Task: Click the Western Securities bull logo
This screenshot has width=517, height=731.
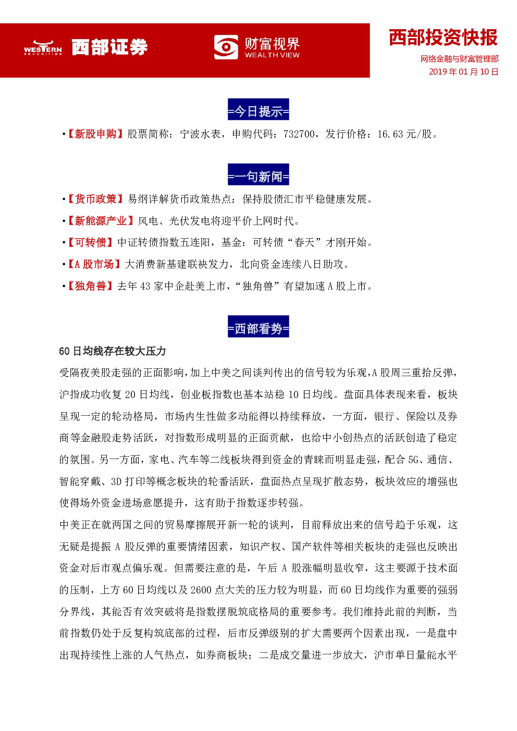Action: [x=43, y=47]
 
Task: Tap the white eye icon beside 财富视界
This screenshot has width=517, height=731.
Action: [x=226, y=47]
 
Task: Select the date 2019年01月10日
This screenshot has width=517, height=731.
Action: [x=463, y=72]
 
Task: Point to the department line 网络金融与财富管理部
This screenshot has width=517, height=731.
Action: [x=459, y=59]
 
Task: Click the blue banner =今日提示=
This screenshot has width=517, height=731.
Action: [x=258, y=109]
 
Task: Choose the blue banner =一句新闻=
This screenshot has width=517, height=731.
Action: [x=258, y=175]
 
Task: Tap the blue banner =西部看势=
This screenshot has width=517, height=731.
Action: [x=258, y=326]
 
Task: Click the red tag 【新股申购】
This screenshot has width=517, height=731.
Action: [x=95, y=134]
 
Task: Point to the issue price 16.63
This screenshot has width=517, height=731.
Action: [x=390, y=134]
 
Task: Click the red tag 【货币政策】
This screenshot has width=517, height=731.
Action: [x=95, y=199]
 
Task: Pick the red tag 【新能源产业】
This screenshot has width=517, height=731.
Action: [x=100, y=221]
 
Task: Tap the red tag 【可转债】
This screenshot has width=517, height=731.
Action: [x=90, y=242]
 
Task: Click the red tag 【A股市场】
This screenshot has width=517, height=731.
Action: [x=94, y=264]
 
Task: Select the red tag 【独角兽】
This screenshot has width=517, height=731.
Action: [x=90, y=286]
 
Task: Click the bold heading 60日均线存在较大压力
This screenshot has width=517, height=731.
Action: [x=113, y=351]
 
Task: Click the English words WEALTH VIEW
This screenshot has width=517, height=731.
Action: [x=272, y=55]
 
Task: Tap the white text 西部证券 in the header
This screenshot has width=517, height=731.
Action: [x=109, y=47]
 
